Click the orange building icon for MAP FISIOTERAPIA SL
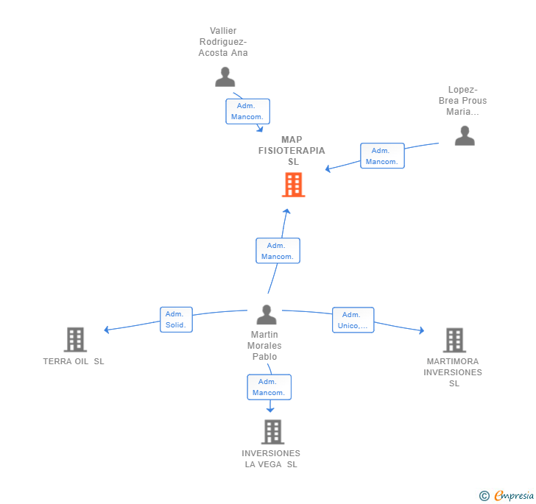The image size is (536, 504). click(x=293, y=185)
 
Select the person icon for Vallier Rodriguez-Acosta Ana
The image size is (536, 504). click(x=225, y=77)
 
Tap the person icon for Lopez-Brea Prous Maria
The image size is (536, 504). click(x=465, y=135)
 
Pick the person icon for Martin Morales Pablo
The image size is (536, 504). click(x=267, y=315)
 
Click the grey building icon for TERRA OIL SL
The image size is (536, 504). click(x=76, y=339)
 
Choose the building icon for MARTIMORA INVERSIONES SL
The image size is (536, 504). click(x=454, y=340)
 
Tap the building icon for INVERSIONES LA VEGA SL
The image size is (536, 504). click(x=272, y=432)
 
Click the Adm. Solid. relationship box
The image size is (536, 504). click(x=176, y=319)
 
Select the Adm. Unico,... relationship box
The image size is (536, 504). click(x=353, y=320)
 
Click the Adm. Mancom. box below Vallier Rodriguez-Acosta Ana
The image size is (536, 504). click(x=247, y=112)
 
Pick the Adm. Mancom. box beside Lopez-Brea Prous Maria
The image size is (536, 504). click(x=382, y=156)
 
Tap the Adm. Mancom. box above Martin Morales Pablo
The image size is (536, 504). click(x=278, y=251)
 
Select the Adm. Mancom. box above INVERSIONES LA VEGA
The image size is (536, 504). click(x=269, y=387)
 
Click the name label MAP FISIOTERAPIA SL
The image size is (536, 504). click(x=292, y=150)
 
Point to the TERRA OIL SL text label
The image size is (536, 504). click(x=74, y=361)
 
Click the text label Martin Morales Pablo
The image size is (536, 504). click(x=265, y=346)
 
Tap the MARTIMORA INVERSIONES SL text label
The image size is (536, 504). click(x=453, y=372)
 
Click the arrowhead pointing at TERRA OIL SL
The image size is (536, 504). click(x=107, y=330)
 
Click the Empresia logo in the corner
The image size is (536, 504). click(x=513, y=496)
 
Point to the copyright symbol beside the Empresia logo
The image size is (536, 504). click(x=484, y=496)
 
